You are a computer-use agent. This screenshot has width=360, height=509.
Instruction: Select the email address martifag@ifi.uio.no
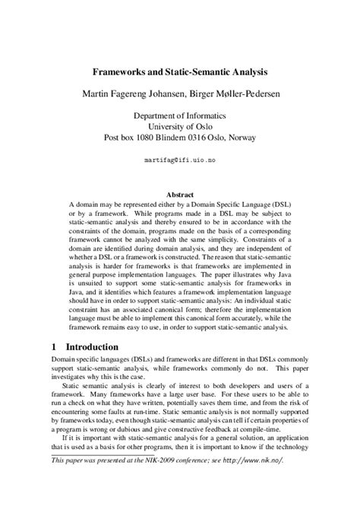180,161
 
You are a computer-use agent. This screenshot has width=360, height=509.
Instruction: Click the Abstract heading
180,194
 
